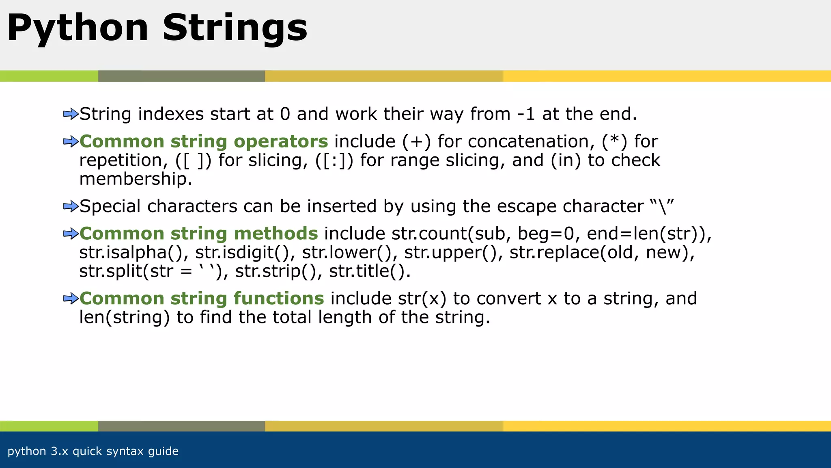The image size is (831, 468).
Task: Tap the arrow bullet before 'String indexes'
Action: point(71,114)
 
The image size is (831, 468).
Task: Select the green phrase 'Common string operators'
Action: point(203,141)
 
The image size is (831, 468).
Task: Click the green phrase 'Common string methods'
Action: point(198,234)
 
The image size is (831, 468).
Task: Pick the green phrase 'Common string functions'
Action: point(202,299)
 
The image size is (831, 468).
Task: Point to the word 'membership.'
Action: point(136,179)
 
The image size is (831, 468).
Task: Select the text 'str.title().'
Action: point(370,271)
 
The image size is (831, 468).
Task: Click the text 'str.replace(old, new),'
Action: point(602,252)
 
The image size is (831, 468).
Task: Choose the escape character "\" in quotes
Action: point(662,206)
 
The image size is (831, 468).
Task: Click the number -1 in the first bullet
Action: point(526,114)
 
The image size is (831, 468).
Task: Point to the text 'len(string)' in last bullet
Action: point(124,317)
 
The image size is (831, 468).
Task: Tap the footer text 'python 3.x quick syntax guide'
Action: point(93,451)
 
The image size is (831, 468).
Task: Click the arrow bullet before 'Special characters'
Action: point(71,206)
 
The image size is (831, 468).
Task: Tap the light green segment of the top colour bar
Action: point(49,76)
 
